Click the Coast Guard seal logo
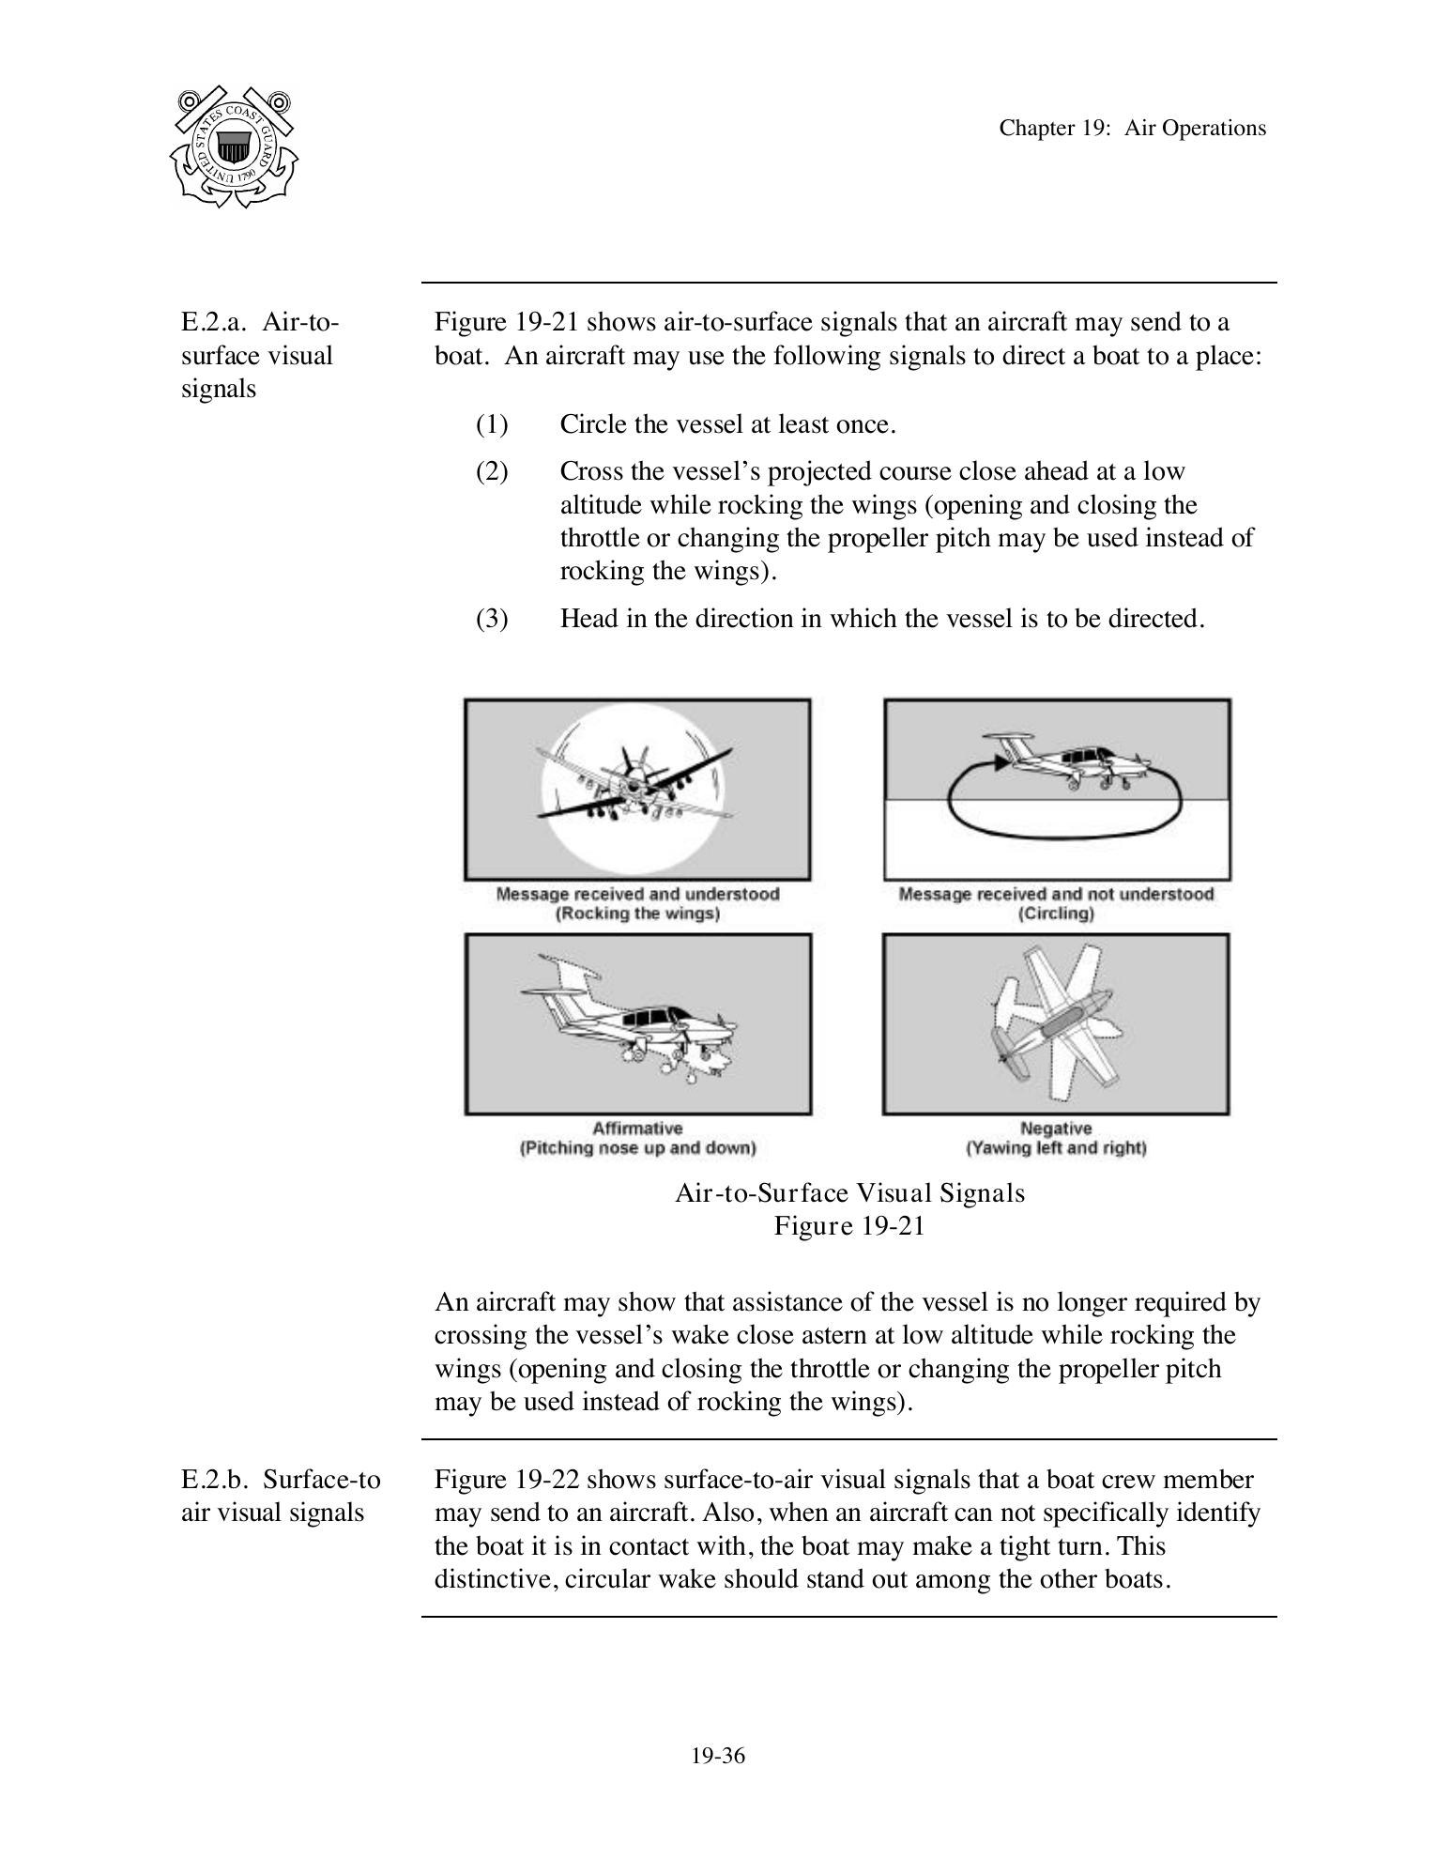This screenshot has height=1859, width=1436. point(234,146)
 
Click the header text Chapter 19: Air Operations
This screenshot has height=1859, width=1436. point(1132,129)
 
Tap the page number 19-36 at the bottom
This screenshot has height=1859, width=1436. point(718,1756)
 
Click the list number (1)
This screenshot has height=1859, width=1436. point(492,424)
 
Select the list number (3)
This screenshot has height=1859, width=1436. point(492,619)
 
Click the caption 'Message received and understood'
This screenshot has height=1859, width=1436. point(637,894)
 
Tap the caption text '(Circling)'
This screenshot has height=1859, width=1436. point(1056,914)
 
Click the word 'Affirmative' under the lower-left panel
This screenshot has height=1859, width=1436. point(637,1128)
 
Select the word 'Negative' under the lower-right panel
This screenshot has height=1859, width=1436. point(1056,1128)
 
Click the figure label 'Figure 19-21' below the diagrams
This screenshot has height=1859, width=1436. point(849,1226)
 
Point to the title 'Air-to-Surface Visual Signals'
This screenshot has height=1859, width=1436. point(849,1193)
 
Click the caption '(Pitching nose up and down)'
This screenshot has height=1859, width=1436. point(637,1147)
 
